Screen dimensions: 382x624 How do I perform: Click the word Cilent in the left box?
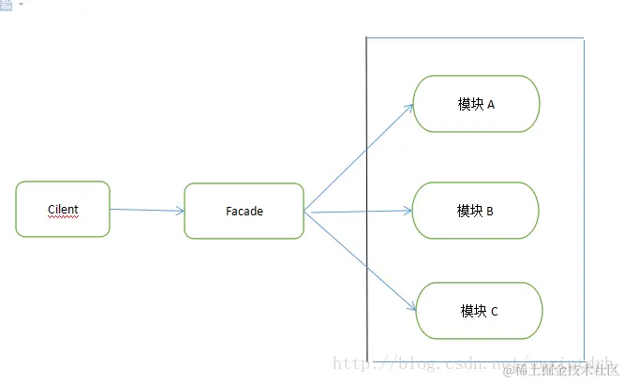[x=63, y=208]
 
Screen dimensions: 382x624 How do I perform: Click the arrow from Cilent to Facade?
[x=146, y=210]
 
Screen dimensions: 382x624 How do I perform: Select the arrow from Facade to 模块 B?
[x=361, y=212]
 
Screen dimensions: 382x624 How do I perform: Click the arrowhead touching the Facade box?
[x=180, y=211]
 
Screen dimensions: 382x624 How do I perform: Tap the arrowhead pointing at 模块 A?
[x=409, y=107]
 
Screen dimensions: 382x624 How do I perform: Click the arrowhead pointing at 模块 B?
[x=409, y=211]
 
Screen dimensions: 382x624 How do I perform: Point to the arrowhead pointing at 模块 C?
[x=411, y=305]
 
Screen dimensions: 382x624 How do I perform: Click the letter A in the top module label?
[x=491, y=105]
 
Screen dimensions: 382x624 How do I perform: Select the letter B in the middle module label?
[x=490, y=212]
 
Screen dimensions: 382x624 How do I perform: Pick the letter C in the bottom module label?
[x=494, y=311]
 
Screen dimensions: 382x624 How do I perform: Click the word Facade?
[x=245, y=212]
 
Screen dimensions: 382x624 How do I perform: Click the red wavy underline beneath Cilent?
[x=63, y=216]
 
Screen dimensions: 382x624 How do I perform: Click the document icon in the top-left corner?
[x=7, y=5]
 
